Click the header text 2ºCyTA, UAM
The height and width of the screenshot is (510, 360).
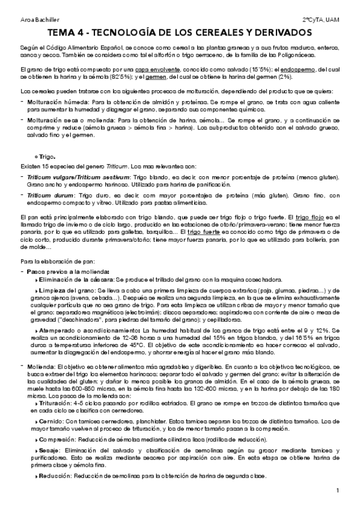tap(321, 20)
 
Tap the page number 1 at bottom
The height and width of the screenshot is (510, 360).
tap(338, 491)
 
